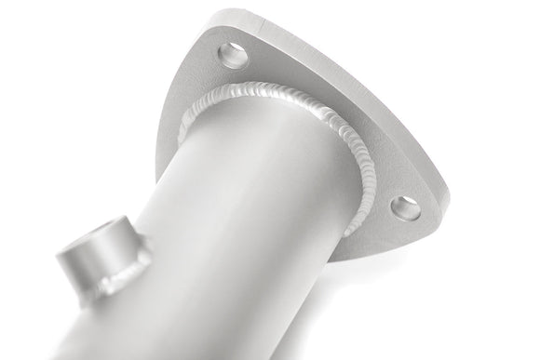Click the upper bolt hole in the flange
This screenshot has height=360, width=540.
(x=234, y=54)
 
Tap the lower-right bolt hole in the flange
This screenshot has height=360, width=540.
(x=405, y=207)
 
